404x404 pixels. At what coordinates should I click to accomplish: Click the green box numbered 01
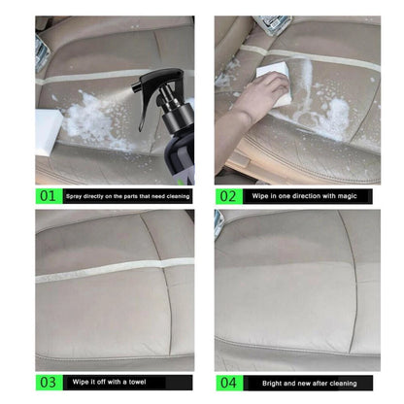coord(48,195)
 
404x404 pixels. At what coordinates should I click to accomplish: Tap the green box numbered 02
coord(227,195)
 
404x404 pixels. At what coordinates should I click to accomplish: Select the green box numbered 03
coord(48,383)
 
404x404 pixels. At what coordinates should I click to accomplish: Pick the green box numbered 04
coord(227,383)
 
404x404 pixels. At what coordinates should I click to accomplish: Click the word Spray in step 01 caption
coord(74,196)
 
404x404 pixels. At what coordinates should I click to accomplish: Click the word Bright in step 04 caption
coord(260,383)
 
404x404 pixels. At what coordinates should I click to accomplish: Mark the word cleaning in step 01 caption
coord(174,196)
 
